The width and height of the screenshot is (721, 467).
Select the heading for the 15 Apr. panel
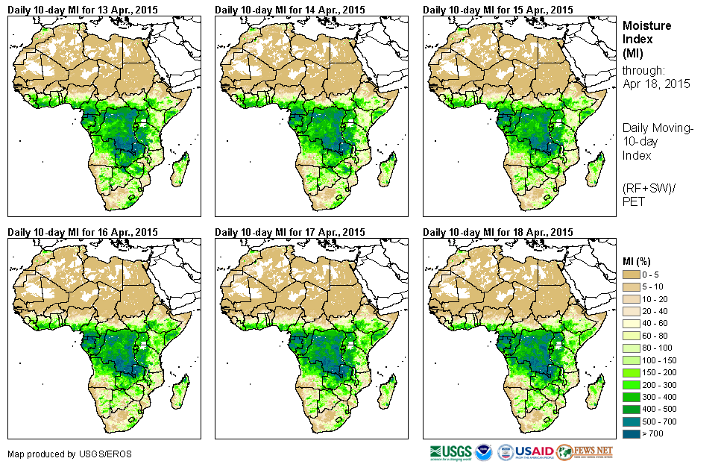pyautogui.click(x=498, y=10)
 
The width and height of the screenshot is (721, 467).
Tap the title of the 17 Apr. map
pyautogui.click(x=290, y=232)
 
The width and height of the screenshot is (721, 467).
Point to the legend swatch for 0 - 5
pyautogui.click(x=632, y=275)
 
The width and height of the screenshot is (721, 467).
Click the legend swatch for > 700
pyautogui.click(x=632, y=433)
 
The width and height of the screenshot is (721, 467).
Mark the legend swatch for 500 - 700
pyautogui.click(x=632, y=421)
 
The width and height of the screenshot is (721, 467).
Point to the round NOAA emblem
pyautogui.click(x=484, y=452)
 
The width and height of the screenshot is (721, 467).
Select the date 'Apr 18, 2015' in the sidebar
pyautogui.click(x=656, y=84)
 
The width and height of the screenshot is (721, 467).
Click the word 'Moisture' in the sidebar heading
pyautogui.click(x=646, y=25)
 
